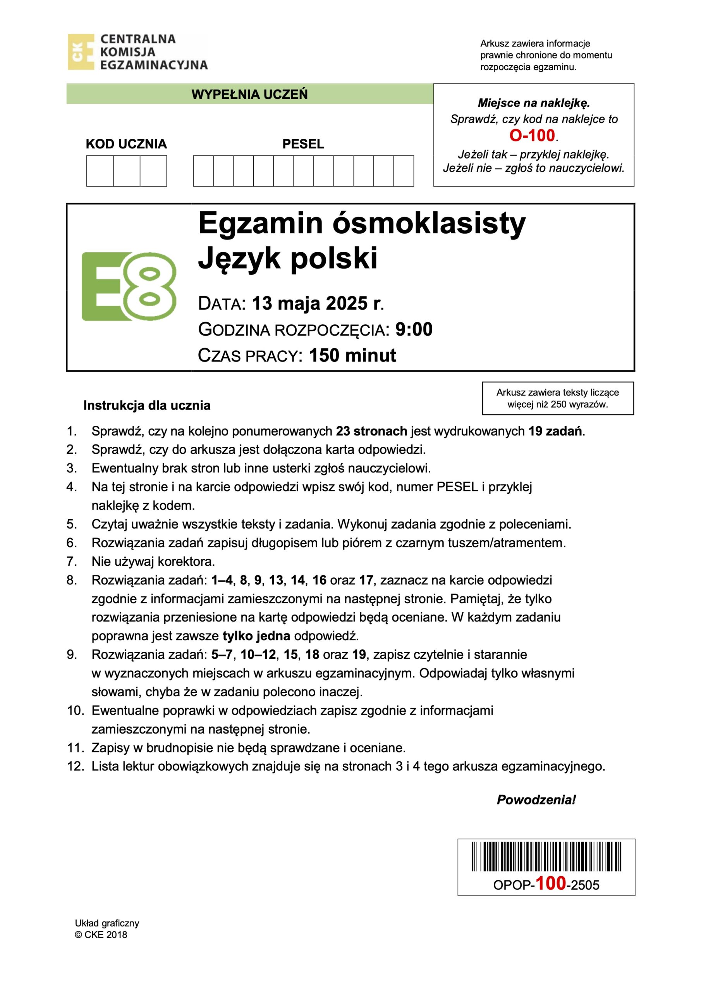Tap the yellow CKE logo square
[x=81, y=52]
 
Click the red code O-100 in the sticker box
[x=532, y=136]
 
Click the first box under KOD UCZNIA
[x=100, y=171]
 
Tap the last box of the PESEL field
[x=404, y=171]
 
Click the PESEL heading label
[x=303, y=144]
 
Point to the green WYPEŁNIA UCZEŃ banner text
[x=250, y=94]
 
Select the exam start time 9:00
[x=414, y=329]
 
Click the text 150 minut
[x=352, y=355]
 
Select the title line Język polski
[x=288, y=258]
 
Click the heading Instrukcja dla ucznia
[x=147, y=405]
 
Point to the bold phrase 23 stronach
[x=371, y=431]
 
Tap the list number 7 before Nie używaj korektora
[x=72, y=561]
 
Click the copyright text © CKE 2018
[x=101, y=935]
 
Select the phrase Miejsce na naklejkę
[x=533, y=103]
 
